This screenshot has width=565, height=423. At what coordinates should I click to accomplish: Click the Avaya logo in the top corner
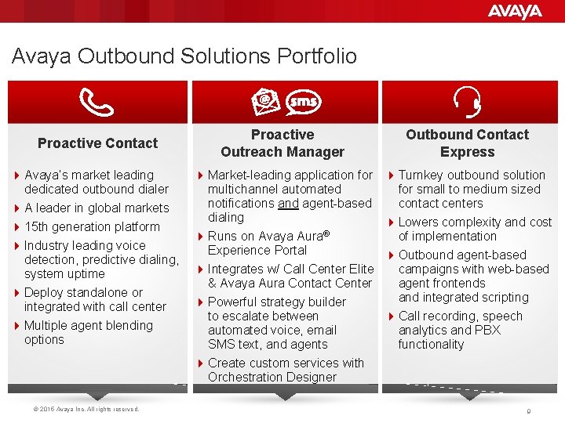(515, 11)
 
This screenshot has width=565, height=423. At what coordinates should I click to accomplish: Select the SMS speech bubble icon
(303, 102)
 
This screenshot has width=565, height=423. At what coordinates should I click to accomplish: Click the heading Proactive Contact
(97, 143)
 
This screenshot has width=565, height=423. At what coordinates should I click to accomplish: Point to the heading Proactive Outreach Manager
(282, 143)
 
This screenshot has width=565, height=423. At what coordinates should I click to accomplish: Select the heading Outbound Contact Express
(467, 143)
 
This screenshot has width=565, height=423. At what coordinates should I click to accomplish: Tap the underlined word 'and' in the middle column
(288, 203)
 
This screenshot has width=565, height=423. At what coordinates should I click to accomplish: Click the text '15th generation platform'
(92, 226)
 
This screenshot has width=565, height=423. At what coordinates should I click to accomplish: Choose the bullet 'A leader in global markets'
(97, 208)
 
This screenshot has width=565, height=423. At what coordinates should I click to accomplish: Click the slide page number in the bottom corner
(529, 410)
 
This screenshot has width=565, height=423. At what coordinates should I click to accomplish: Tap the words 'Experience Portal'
(257, 250)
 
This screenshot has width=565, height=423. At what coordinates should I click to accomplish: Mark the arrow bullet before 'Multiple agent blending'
(18, 325)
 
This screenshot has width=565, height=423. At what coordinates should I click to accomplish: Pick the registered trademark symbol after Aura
(326, 233)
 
